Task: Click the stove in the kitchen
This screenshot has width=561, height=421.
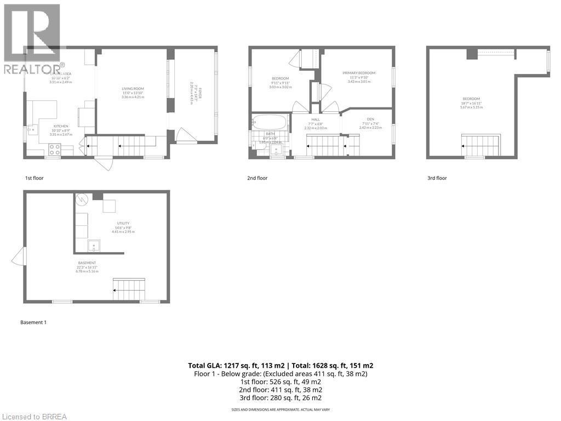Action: tap(55, 148)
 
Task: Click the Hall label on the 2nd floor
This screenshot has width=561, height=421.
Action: tap(316, 119)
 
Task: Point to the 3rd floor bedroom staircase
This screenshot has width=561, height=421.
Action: tap(480, 146)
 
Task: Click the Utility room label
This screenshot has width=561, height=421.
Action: tap(123, 223)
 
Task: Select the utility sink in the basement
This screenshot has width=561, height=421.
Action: tap(94, 245)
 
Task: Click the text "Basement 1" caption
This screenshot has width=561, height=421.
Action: tap(33, 322)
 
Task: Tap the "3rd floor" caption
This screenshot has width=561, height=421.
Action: tap(437, 178)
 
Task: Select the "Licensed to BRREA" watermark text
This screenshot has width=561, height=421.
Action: tap(33, 416)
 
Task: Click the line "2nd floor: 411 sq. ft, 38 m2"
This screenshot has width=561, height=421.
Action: tap(280, 390)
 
